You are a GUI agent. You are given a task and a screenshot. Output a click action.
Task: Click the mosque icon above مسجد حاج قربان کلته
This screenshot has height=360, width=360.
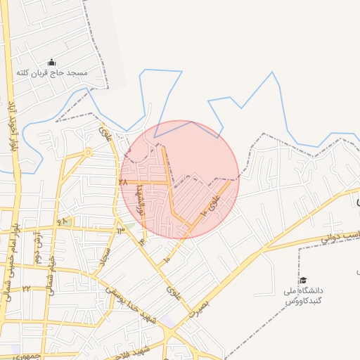(x=51, y=63)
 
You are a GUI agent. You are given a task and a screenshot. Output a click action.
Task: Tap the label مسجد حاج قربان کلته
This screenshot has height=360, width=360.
(x=51, y=73)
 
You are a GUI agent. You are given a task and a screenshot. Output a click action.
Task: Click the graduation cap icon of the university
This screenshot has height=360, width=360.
(x=303, y=280)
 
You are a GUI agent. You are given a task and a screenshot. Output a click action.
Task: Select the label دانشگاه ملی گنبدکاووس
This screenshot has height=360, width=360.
(x=303, y=295)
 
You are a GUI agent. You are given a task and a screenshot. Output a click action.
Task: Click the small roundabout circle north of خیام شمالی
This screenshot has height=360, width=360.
(x=87, y=153)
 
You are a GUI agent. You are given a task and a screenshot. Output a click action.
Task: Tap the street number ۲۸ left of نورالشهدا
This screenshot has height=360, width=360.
(x=124, y=181)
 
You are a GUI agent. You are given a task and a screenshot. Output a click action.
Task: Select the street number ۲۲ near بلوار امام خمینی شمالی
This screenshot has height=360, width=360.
(x=25, y=288)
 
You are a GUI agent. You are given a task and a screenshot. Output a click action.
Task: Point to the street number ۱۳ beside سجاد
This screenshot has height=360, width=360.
(x=121, y=228)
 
